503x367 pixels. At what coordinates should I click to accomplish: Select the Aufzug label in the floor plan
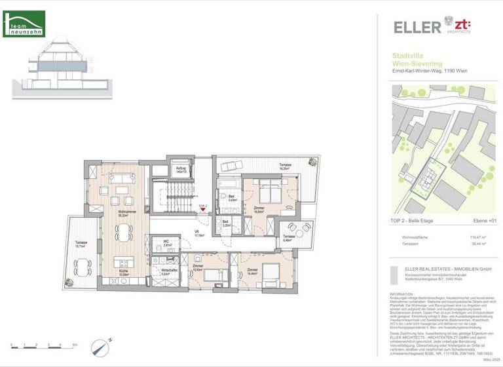(181, 169)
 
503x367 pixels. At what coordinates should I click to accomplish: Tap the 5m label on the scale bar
(75, 345)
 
